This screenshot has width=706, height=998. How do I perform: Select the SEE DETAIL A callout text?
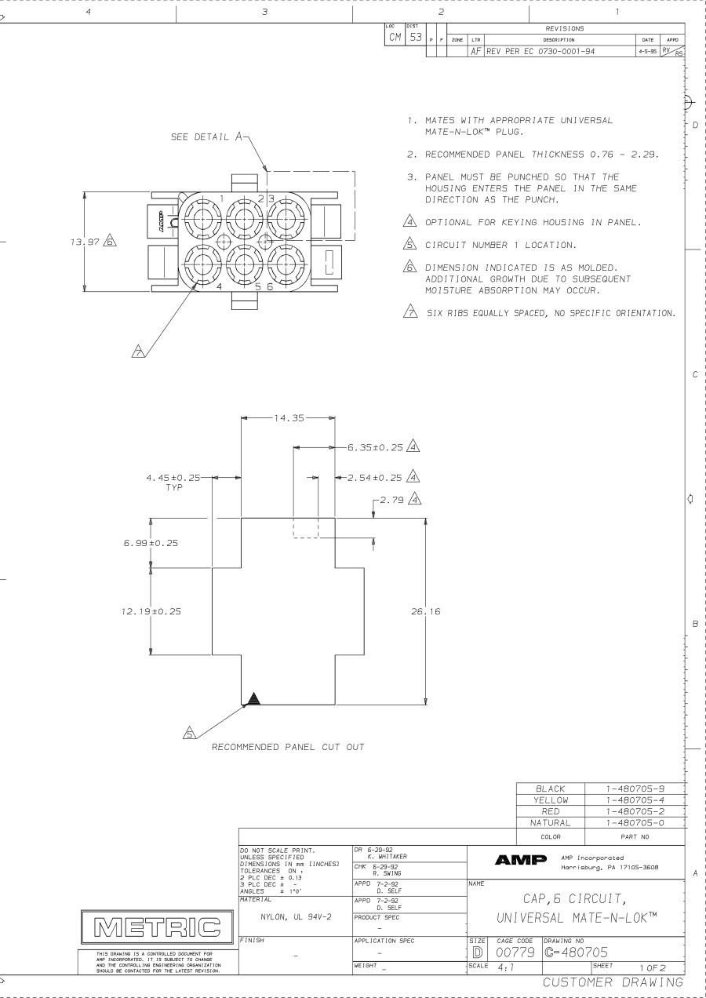(199, 135)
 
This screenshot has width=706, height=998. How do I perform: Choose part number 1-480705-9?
(631, 787)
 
